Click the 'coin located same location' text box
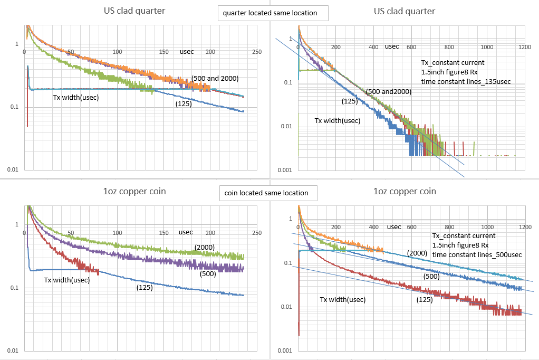pyautogui.click(x=268, y=193)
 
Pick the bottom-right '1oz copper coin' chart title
pyautogui.click(x=404, y=191)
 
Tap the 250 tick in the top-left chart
pyautogui.click(x=257, y=51)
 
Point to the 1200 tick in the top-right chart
pyautogui.click(x=525, y=46)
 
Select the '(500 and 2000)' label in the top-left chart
pyautogui.click(x=215, y=79)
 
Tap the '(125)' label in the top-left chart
pyautogui.click(x=183, y=105)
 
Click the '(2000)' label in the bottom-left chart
pyautogui.click(x=204, y=247)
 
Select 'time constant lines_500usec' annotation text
pyautogui.click(x=477, y=254)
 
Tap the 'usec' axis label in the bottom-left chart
pyautogui.click(x=186, y=232)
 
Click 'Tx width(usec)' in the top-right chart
pyautogui.click(x=338, y=120)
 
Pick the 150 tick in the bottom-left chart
pyautogui.click(x=163, y=232)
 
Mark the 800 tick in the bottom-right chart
pyautogui.click(x=449, y=227)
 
